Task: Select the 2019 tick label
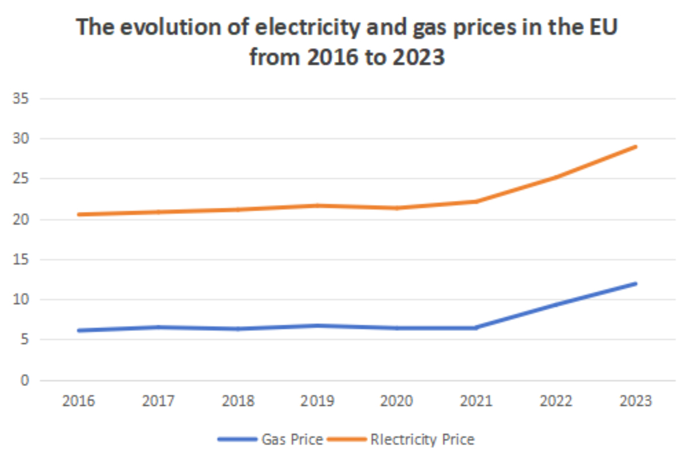coord(317,401)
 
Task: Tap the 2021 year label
coord(477,401)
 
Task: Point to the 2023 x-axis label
coord(636,401)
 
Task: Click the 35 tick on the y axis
coord(21,98)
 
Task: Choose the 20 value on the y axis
coord(21,219)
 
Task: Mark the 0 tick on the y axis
coord(25,380)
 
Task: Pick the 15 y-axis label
coord(21,260)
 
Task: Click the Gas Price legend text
coord(292,439)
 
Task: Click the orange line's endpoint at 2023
coord(635,146)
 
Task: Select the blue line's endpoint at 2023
coord(635,284)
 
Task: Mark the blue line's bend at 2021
coord(477,328)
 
